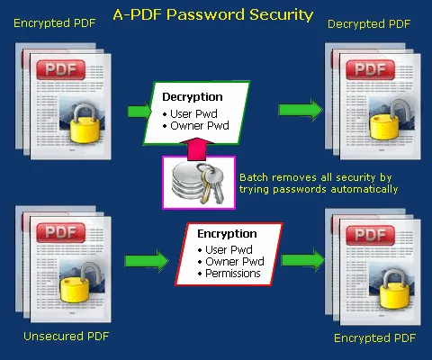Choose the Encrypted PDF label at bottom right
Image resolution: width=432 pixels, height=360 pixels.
374,337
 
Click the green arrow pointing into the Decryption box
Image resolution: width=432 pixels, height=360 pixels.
139,111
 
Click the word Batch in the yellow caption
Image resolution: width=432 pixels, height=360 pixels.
253,178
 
